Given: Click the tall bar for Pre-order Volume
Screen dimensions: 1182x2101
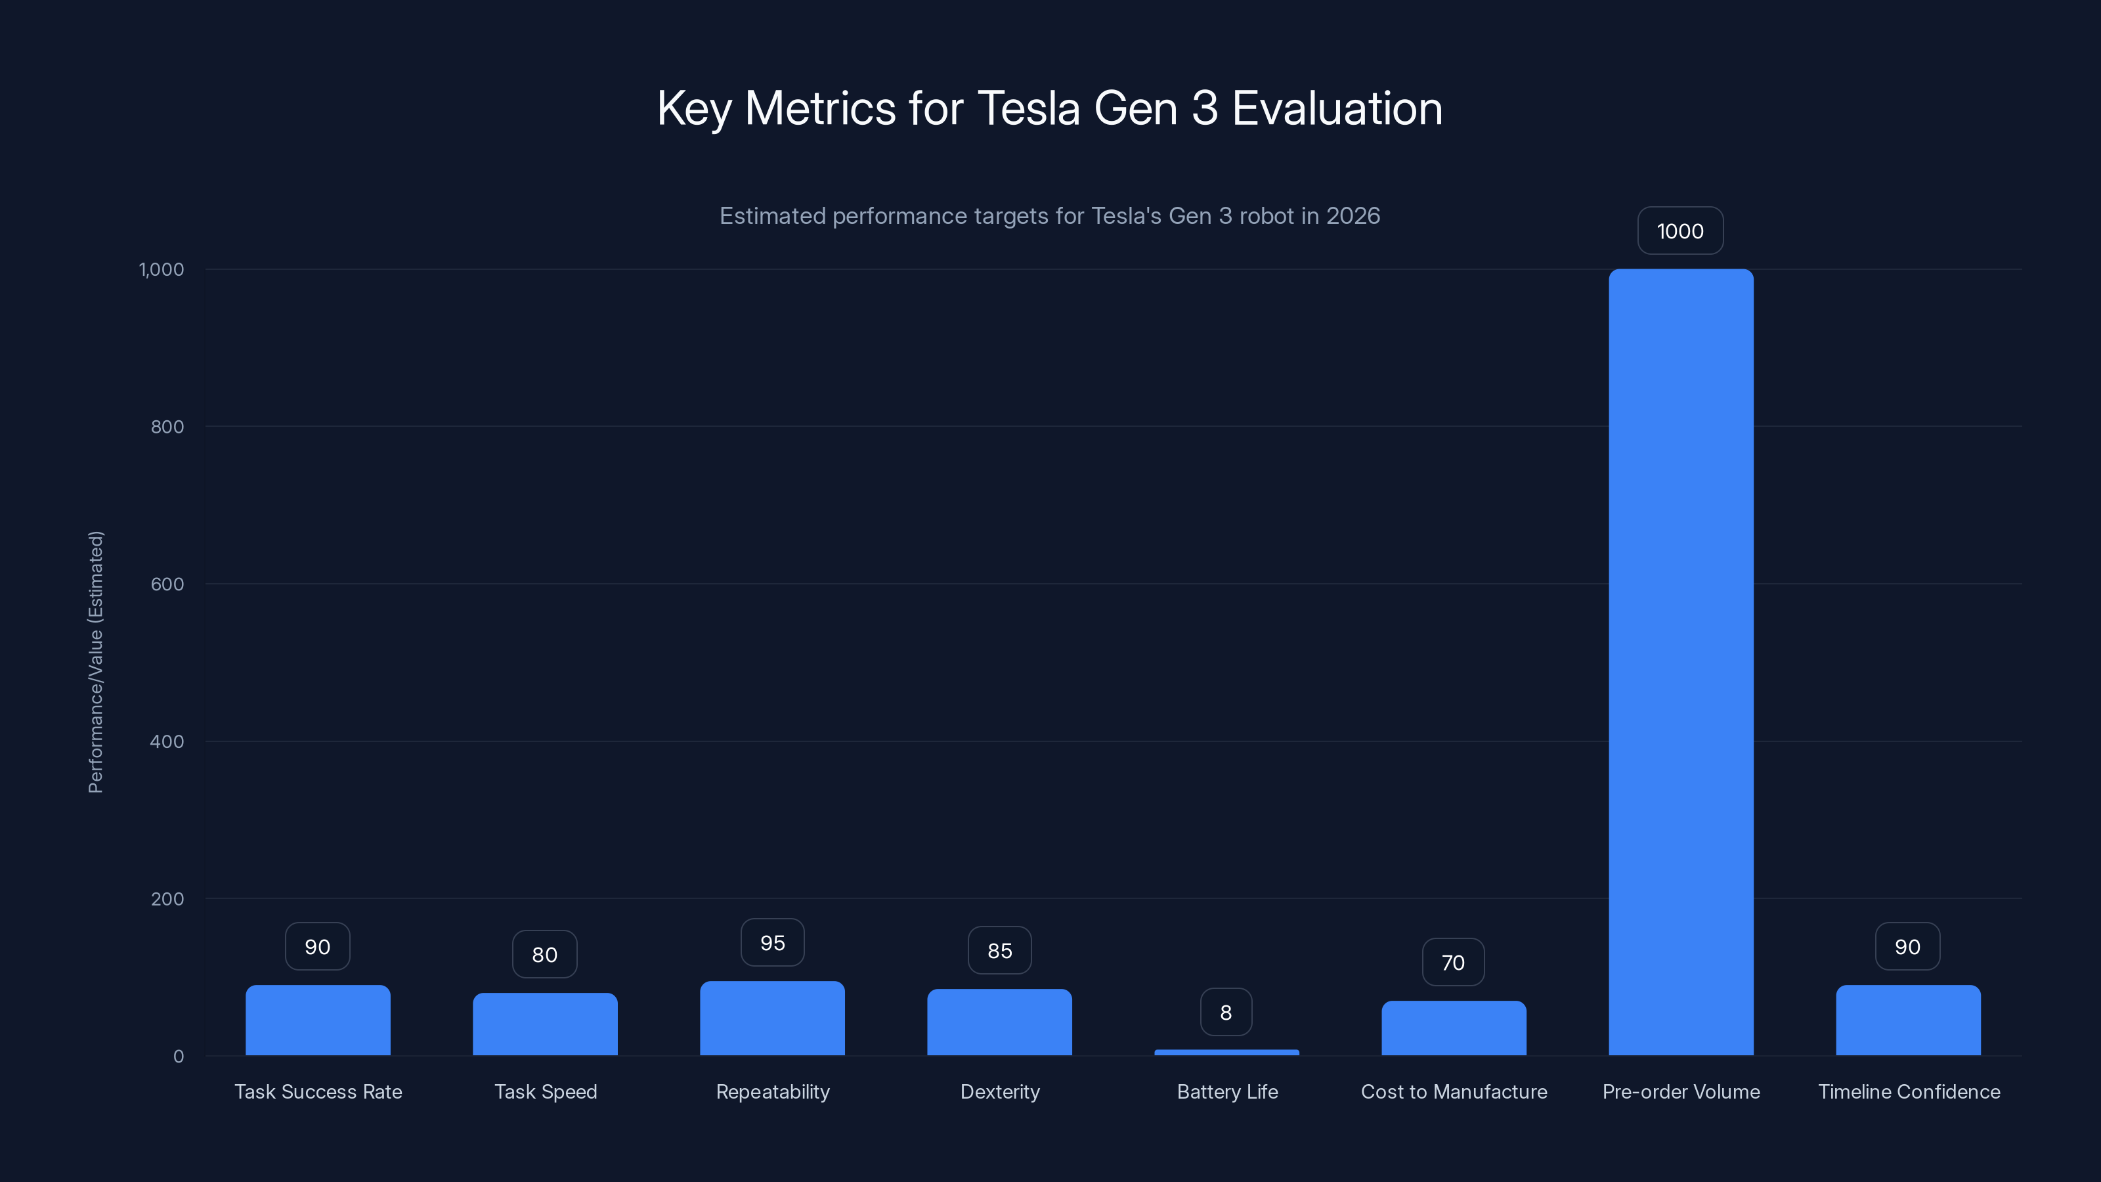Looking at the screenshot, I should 1680,661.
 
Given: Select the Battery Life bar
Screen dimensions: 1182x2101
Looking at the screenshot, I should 1226,1052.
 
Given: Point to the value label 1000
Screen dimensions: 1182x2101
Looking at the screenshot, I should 1680,231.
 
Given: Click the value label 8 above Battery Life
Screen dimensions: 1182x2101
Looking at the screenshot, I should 1226,1013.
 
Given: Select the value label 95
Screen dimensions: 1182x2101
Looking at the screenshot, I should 771,943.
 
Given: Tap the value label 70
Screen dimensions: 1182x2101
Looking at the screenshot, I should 1452,963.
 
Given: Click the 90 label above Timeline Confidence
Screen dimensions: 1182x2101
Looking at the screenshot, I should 1907,946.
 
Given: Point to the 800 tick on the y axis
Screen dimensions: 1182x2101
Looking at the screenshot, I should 167,427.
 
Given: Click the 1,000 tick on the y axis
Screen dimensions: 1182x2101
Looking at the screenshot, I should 162,269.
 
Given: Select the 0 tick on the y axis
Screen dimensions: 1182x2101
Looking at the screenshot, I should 179,1057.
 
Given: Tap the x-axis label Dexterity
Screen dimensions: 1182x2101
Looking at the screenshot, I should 1000,1091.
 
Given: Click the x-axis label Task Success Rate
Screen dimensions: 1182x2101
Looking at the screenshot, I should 318,1091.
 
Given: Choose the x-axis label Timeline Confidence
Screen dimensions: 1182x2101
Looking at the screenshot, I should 1909,1091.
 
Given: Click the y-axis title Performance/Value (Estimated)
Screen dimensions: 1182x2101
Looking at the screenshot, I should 95,661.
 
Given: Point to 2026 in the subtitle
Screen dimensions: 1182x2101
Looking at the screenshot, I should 1353,216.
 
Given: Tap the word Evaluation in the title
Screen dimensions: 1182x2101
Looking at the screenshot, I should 1337,108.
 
